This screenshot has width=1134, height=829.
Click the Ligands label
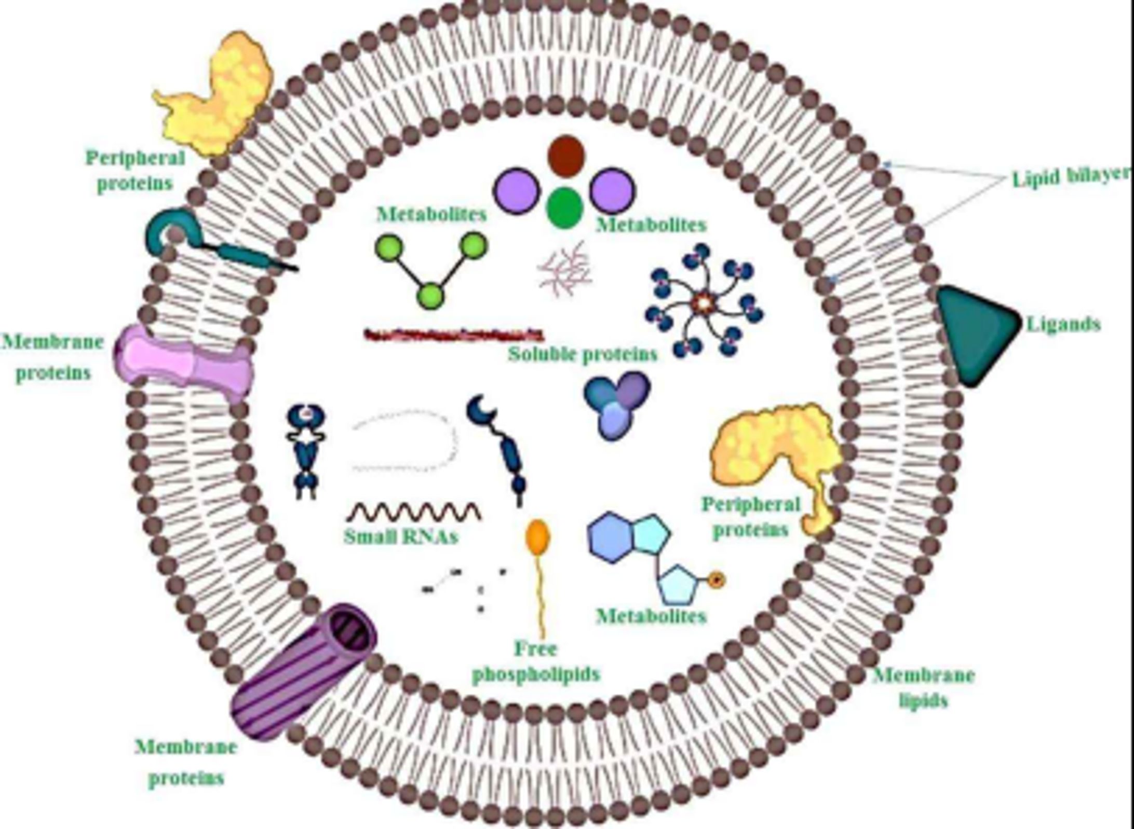tap(1063, 324)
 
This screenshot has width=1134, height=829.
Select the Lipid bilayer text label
tap(1071, 177)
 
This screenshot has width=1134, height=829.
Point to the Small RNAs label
tap(401, 536)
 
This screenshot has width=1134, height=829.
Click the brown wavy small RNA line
tap(414, 512)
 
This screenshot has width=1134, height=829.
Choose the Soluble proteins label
tap(582, 354)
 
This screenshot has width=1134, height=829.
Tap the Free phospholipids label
tap(536, 661)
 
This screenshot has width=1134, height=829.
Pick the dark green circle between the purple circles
tap(565, 208)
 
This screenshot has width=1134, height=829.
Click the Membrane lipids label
tap(923, 688)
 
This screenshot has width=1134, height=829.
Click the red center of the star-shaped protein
tap(704, 301)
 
